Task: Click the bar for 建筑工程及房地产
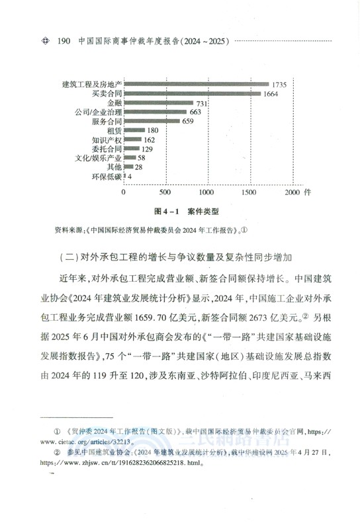[x=196, y=84]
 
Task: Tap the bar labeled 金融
[x=158, y=103]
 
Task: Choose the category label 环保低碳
[x=107, y=177]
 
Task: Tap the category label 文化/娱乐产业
[x=97, y=159]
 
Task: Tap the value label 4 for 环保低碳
[x=130, y=177]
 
